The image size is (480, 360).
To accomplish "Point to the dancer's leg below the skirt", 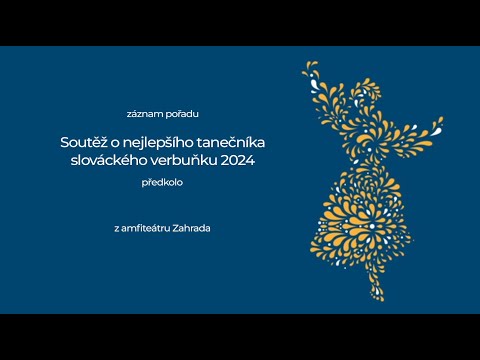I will (x=379, y=285).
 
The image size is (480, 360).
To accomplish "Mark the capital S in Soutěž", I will (x=65, y=143).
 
